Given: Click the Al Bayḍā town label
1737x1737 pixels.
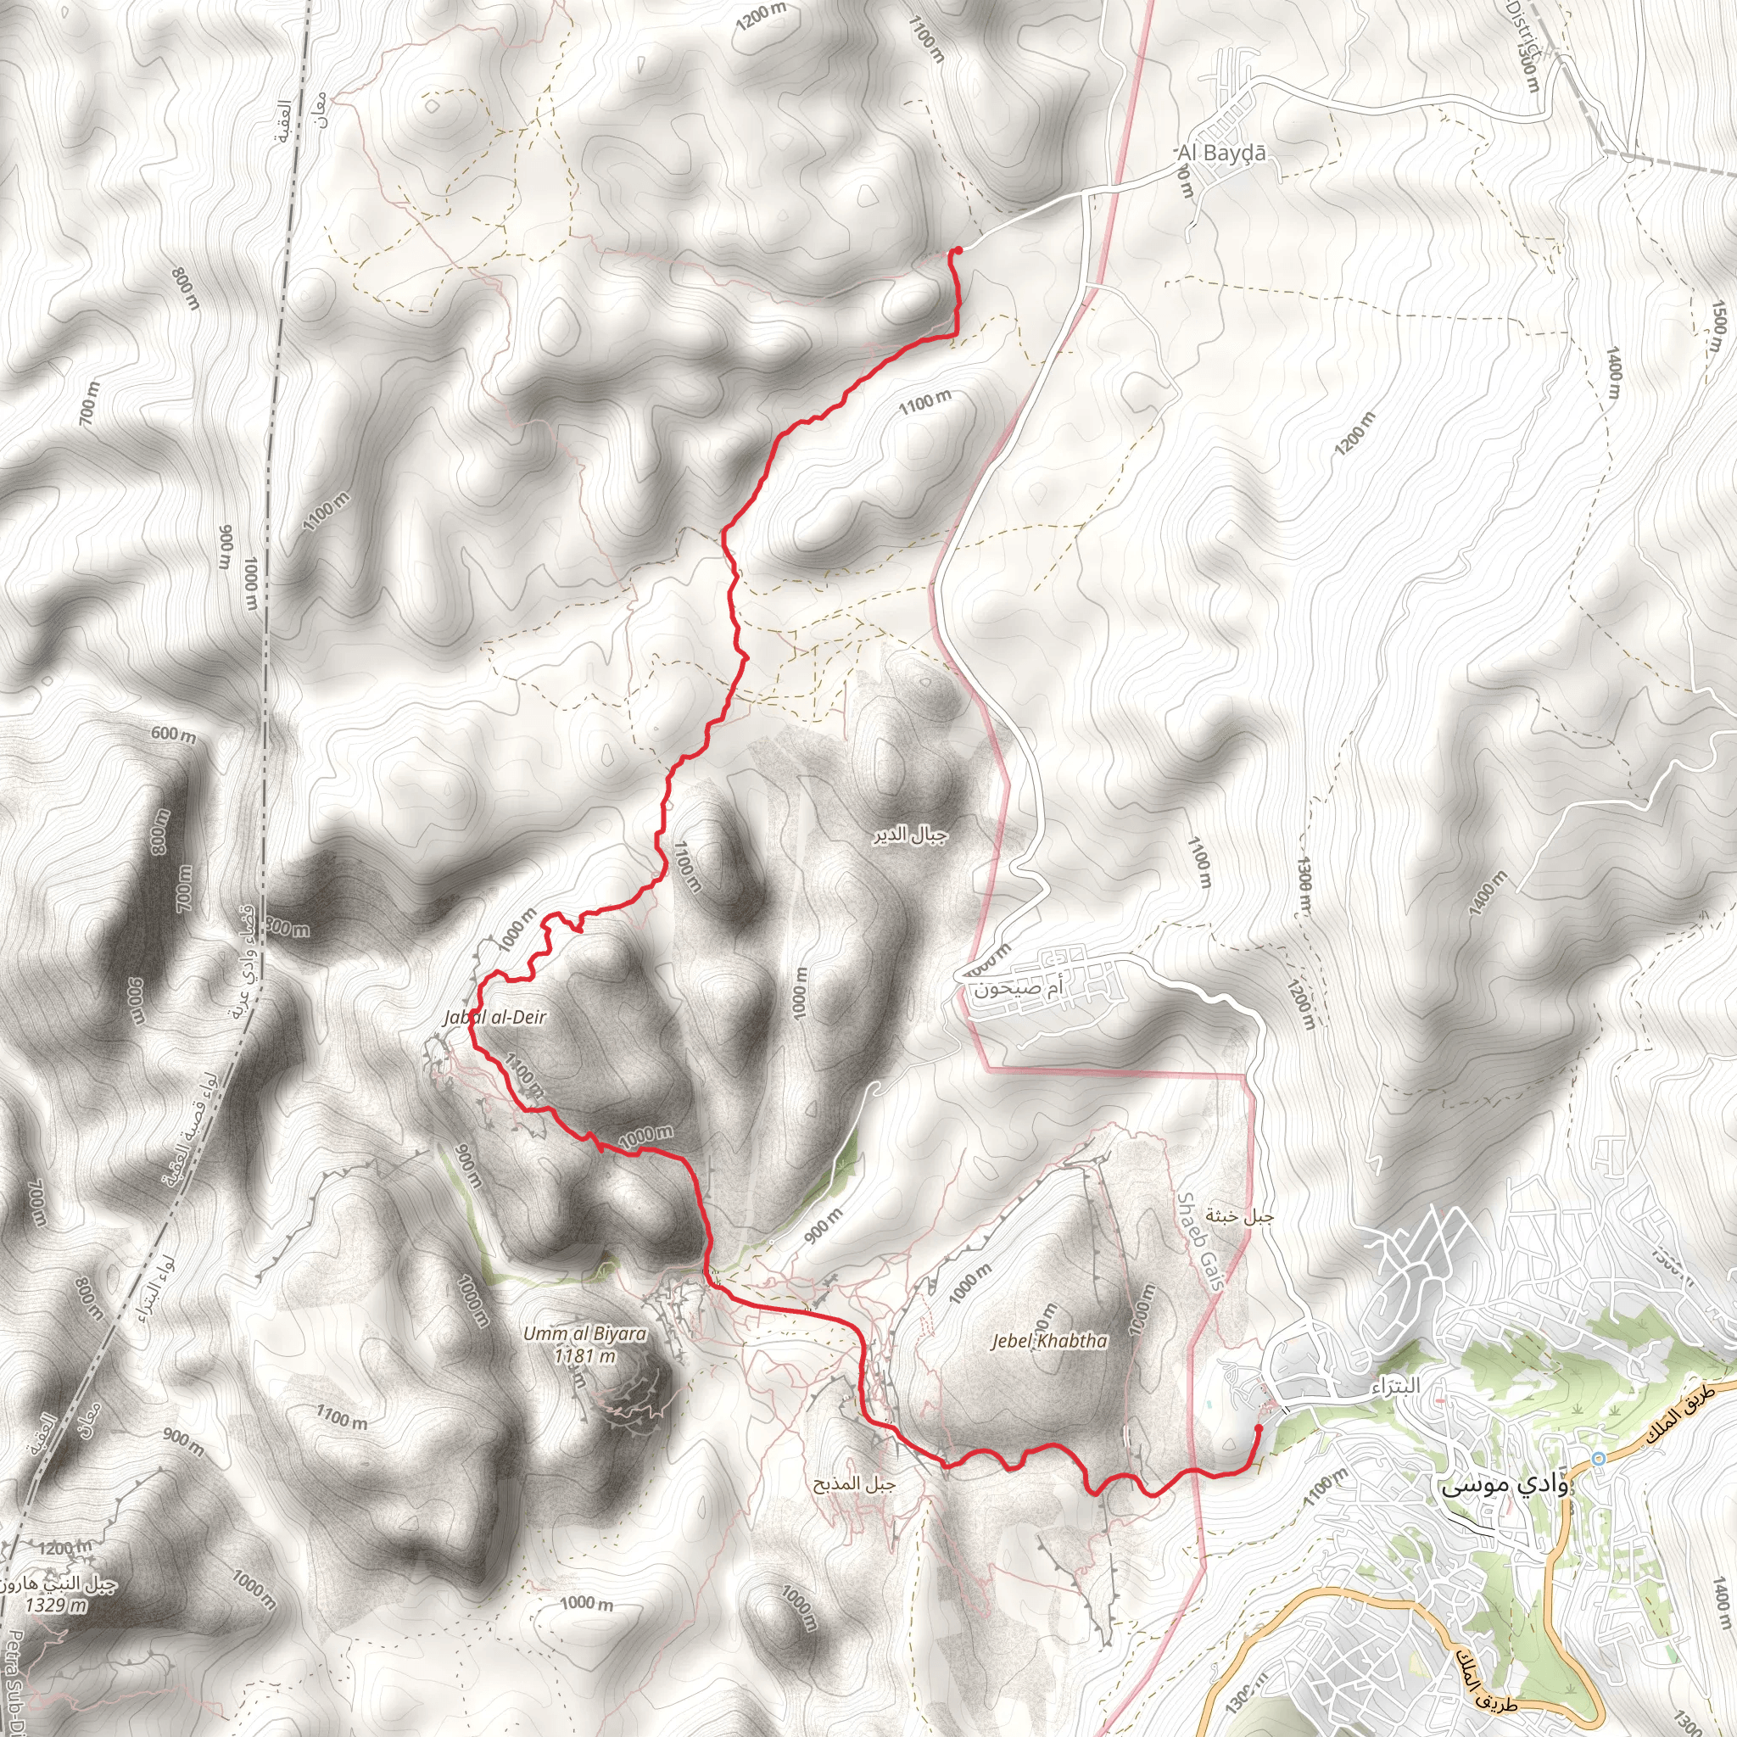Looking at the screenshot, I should coord(1222,154).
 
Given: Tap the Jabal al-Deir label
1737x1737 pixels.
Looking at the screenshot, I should coord(494,1017).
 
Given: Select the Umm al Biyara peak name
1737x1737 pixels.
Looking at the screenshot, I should coord(584,1333).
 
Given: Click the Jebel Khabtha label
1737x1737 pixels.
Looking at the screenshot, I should coord(1048,1341).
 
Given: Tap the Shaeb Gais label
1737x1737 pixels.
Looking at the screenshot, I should coord(1201,1242).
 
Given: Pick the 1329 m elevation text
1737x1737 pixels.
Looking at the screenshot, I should coord(56,1605).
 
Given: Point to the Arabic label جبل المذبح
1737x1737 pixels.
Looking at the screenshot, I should coord(854,1483).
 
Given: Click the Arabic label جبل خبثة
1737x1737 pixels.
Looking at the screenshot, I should coord(1240,1217).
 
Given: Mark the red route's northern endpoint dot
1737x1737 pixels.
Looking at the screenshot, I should coord(958,250).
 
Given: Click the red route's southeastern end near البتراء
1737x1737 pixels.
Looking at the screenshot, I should coord(1258,1427).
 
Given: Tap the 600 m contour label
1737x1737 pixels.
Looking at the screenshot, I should coord(173,734).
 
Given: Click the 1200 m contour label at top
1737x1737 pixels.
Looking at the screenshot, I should coord(761,16).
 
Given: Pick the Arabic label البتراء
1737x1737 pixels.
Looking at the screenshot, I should coord(1395,1387).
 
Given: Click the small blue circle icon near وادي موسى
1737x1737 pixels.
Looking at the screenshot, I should coord(1598,1458).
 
